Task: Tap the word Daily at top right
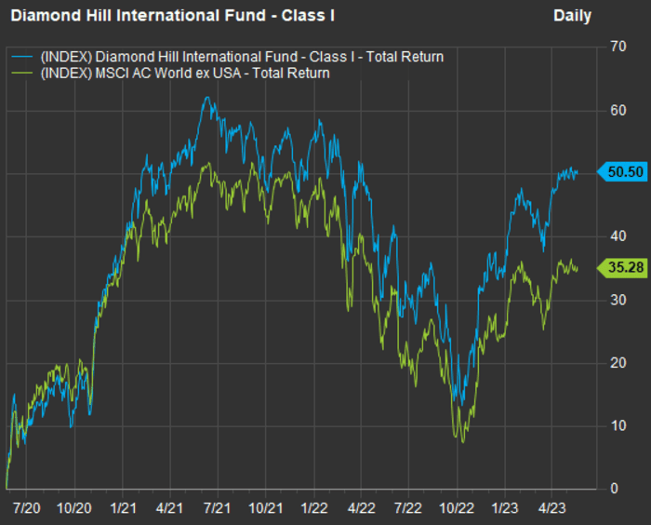(x=572, y=16)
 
